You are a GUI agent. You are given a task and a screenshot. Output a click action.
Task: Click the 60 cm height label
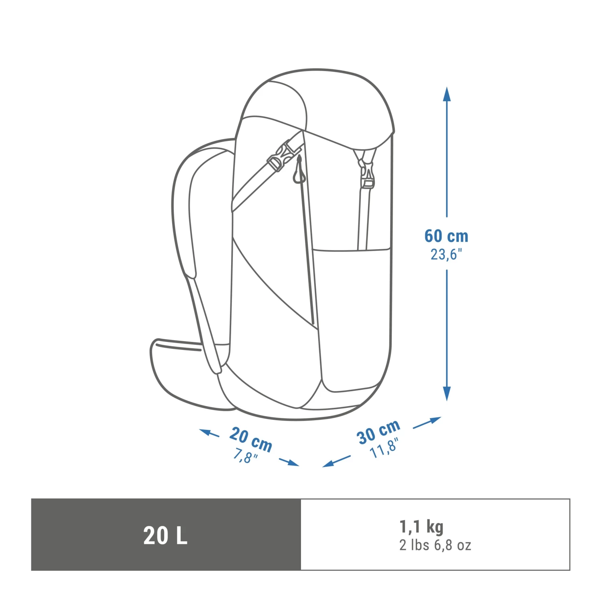coord(446,236)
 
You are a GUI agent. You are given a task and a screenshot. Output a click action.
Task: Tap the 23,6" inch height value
coord(446,254)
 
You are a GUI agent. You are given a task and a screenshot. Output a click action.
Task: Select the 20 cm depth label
coord(251,439)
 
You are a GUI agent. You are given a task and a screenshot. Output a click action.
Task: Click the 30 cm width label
coord(378,432)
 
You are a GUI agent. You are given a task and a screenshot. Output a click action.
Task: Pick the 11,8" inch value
coord(384,448)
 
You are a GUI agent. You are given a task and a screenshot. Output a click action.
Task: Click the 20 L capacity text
coord(165,535)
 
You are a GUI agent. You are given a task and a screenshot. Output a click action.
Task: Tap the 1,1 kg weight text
coord(421,527)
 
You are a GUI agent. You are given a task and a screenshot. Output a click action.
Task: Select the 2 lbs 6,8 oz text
coord(435,545)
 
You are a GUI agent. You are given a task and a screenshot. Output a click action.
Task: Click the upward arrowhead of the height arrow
coord(447,95)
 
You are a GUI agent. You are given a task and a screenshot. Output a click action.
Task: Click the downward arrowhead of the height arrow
coord(447,393)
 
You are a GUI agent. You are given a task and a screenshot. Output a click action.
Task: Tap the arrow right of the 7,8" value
coord(289,462)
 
